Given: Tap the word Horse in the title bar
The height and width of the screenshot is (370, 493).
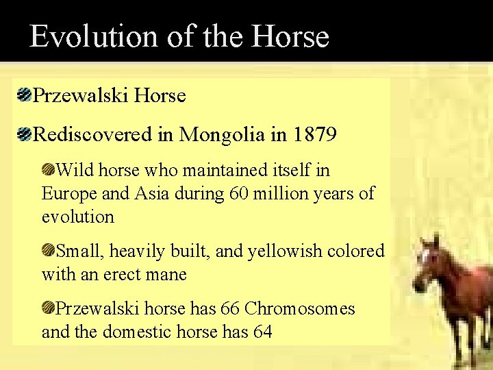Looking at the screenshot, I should tap(290, 36).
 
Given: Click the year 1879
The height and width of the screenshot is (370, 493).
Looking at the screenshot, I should tap(314, 134).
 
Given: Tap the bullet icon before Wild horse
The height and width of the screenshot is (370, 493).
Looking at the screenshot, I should tap(48, 169).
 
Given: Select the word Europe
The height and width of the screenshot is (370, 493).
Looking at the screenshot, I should tap(69, 194).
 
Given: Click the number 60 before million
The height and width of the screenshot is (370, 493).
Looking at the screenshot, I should tap(238, 194).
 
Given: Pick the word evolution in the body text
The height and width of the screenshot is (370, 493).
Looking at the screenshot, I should tap(78, 217).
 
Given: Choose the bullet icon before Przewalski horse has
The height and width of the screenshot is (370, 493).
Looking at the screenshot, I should tap(48, 308).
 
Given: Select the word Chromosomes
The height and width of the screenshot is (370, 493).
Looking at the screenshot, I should tap(300, 308).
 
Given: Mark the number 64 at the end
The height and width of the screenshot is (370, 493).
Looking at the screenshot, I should tap(262, 332).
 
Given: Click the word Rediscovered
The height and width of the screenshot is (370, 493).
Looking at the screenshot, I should tap(93, 134).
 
